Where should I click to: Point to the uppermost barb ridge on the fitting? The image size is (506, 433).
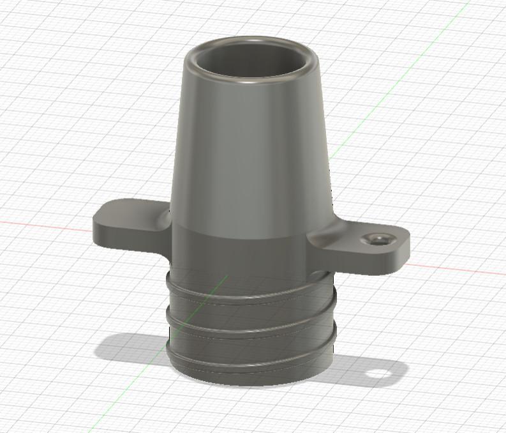pyautogui.click(x=249, y=296)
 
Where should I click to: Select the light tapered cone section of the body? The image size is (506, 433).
pyautogui.click(x=252, y=153)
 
